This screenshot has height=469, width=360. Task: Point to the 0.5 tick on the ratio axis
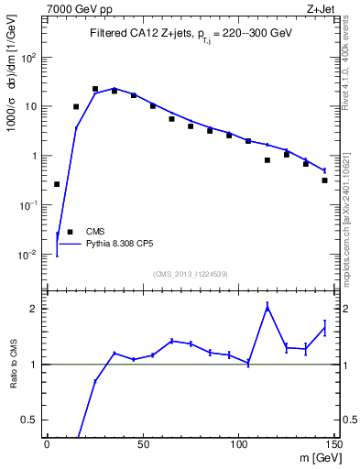coord(32,420)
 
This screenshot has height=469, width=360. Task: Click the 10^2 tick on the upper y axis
coord(28,57)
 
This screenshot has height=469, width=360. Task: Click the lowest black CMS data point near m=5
coord(57,184)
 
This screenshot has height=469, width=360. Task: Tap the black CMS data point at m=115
coord(267,160)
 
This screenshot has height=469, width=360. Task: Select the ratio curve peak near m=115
coord(267,308)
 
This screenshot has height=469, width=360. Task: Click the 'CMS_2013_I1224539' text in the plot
coord(191,274)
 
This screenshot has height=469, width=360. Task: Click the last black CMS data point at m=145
coord(325,180)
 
